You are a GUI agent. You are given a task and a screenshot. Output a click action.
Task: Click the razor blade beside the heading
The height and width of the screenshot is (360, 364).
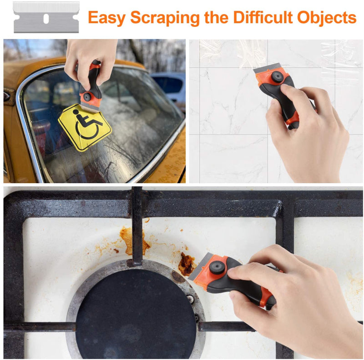point(46,18)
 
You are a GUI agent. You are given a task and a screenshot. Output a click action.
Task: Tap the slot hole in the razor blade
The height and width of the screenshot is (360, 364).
point(46,18)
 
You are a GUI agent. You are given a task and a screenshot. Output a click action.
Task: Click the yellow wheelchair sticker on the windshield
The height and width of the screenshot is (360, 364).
point(85,126)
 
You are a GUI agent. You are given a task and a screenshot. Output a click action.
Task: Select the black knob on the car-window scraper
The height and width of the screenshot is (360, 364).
point(87,96)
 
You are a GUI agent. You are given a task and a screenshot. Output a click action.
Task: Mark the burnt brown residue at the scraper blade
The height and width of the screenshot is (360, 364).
point(186,264)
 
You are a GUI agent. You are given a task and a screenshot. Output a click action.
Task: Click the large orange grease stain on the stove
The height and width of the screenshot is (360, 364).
point(132,241)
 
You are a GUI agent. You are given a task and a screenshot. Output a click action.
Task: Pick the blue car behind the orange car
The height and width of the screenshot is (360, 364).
point(171,86)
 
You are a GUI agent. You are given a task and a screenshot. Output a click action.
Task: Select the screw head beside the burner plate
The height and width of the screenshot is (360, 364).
point(190,299)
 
